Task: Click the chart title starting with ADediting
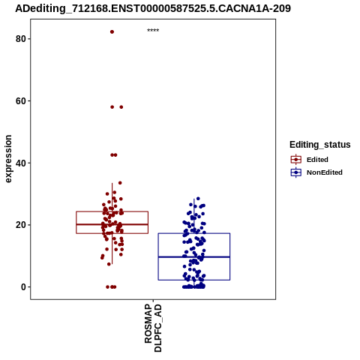pos(153,8)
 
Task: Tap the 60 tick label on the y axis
pos(21,101)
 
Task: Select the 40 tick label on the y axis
pos(21,163)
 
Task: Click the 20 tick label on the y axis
pos(21,225)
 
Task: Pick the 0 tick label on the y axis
pos(23,287)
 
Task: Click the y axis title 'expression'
pos(8,159)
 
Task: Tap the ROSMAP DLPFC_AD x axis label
pos(153,328)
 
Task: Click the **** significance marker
pos(153,31)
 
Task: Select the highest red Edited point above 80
pos(112,31)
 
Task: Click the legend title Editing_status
pos(320,145)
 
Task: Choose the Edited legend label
pos(317,160)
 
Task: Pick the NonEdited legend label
pos(325,172)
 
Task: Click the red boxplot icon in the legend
pos(296,160)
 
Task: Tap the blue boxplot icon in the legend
pos(296,172)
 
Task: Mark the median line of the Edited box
pos(112,224)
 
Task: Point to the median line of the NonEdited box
pos(194,256)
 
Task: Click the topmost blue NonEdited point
pos(198,199)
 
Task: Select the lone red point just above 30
pos(120,183)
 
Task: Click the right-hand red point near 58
pos(121,107)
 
